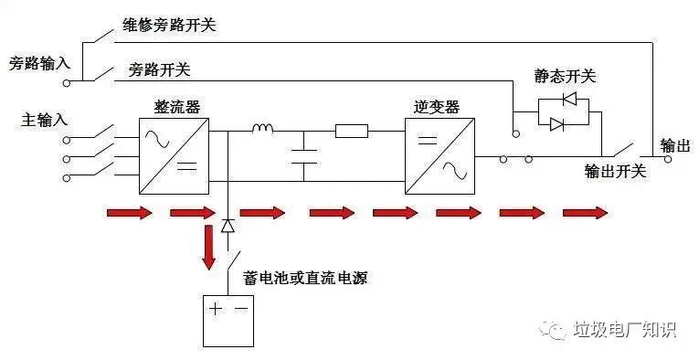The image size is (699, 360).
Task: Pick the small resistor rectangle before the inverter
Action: [x=352, y=131]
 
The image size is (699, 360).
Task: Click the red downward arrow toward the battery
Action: [x=209, y=249]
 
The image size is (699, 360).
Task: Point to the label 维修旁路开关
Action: [x=170, y=24]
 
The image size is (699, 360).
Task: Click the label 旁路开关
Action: [x=159, y=69]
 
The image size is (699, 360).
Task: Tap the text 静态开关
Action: [x=564, y=75]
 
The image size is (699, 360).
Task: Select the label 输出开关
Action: [x=615, y=171]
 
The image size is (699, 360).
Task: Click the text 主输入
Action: [x=44, y=120]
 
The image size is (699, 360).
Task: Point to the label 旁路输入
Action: [x=38, y=64]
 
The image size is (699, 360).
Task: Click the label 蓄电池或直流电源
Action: [x=305, y=277]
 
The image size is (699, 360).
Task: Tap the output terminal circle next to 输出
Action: [x=667, y=158]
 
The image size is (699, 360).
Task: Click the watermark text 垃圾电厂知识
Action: [x=623, y=330]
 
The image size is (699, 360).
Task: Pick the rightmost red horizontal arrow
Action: [x=585, y=214]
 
